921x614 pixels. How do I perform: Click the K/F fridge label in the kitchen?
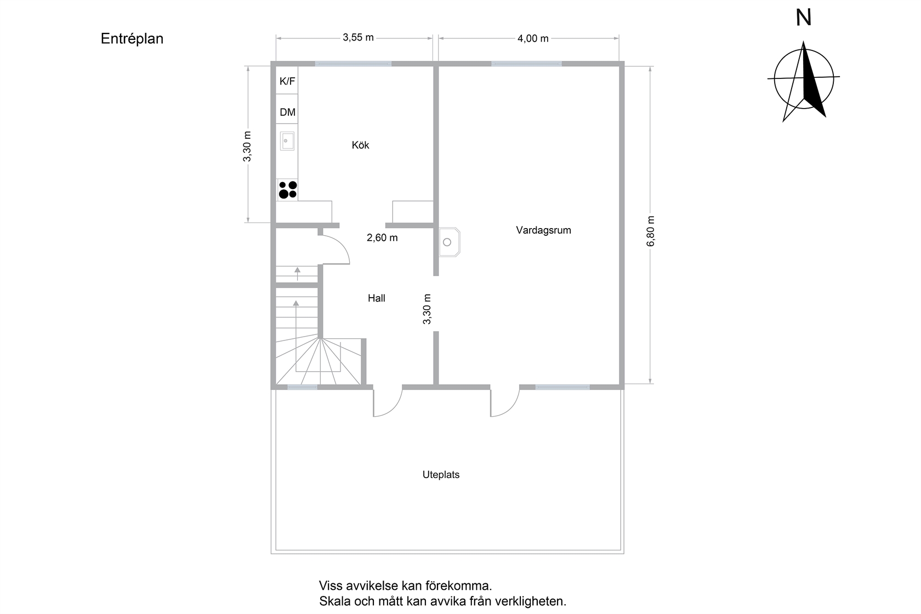point(287,81)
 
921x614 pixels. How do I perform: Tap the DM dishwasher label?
point(287,112)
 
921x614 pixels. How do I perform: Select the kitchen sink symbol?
point(287,141)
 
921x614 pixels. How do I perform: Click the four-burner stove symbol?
point(287,190)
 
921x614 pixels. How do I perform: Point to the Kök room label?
point(360,145)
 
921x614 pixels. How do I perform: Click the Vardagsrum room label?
point(543,230)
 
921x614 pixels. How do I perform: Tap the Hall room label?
point(376,298)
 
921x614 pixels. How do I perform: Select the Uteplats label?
point(441,475)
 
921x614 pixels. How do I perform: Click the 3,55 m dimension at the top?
point(358,37)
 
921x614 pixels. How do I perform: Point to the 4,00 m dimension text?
point(533,38)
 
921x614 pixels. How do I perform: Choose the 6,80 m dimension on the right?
point(650,231)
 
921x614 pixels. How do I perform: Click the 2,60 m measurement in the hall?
point(382,238)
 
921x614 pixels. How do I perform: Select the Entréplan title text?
point(132,39)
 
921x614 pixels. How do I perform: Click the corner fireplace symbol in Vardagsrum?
point(449,242)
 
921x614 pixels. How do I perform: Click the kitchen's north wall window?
point(353,64)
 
